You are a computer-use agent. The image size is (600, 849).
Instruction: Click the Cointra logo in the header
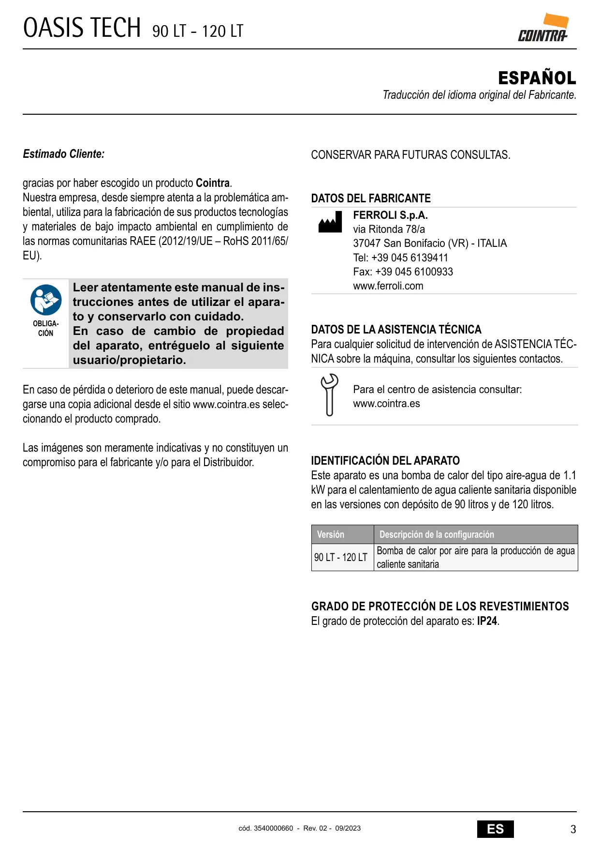(543, 29)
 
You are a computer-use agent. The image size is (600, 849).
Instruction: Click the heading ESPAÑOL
(537, 78)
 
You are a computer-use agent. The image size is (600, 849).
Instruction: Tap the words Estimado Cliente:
(63, 154)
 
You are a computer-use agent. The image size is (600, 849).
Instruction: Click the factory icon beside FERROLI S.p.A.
(330, 222)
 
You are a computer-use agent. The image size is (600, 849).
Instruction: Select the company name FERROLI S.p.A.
(390, 215)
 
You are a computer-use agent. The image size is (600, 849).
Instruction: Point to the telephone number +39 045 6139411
(410, 258)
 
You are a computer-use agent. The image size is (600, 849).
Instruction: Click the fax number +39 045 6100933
(414, 272)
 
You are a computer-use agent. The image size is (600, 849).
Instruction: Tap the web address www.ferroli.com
(388, 286)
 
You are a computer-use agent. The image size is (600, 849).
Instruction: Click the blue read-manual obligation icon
(46, 300)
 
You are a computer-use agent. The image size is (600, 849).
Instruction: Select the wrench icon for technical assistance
(329, 395)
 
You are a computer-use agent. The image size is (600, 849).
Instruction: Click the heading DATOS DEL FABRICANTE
(370, 198)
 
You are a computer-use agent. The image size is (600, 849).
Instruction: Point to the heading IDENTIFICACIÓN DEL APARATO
(385, 460)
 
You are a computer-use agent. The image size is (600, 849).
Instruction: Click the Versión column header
(331, 534)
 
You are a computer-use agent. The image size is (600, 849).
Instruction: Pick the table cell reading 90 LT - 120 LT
(341, 557)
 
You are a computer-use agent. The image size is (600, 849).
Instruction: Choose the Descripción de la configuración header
(437, 534)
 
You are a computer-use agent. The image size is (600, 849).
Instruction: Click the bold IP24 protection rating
(487, 621)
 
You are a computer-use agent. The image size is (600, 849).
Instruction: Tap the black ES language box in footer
(495, 829)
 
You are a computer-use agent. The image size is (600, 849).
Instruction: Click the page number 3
(573, 829)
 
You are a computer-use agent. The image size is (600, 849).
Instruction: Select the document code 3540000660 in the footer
(273, 828)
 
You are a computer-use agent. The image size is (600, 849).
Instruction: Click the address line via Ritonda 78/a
(389, 229)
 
